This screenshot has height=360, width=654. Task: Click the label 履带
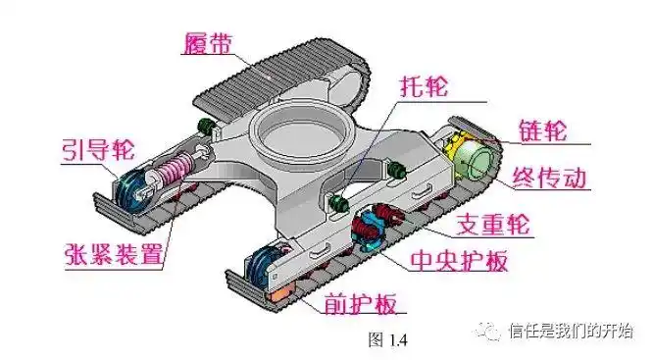point(210,41)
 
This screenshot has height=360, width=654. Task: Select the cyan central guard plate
point(374,227)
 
